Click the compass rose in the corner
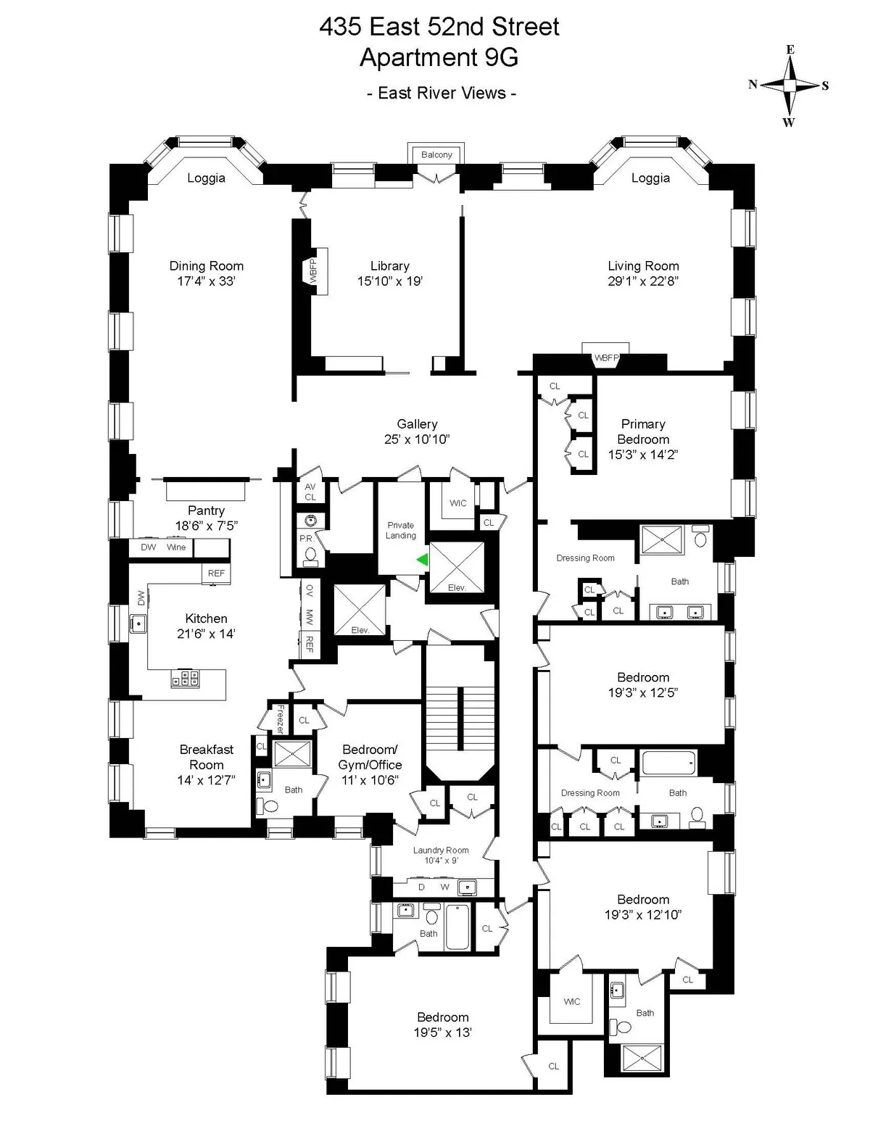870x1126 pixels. [x=790, y=86]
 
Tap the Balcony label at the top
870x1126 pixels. [x=436, y=154]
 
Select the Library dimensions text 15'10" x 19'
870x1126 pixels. [x=389, y=281]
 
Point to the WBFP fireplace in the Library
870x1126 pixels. [x=314, y=270]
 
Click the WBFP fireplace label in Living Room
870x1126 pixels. [x=606, y=358]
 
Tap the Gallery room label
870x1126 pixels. [x=417, y=424]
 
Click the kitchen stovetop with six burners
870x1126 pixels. [x=185, y=678]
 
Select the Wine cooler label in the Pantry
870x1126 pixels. [x=176, y=547]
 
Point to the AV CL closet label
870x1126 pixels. [x=310, y=492]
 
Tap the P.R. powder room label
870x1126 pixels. [x=305, y=539]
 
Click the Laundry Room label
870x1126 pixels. [x=441, y=850]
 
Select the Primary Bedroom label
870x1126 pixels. [x=643, y=431]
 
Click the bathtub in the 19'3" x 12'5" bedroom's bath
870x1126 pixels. [x=668, y=763]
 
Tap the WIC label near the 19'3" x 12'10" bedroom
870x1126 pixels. [x=572, y=1001]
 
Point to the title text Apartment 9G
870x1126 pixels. [x=439, y=57]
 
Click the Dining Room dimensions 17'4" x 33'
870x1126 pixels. [x=207, y=281]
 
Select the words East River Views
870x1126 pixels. [x=442, y=93]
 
